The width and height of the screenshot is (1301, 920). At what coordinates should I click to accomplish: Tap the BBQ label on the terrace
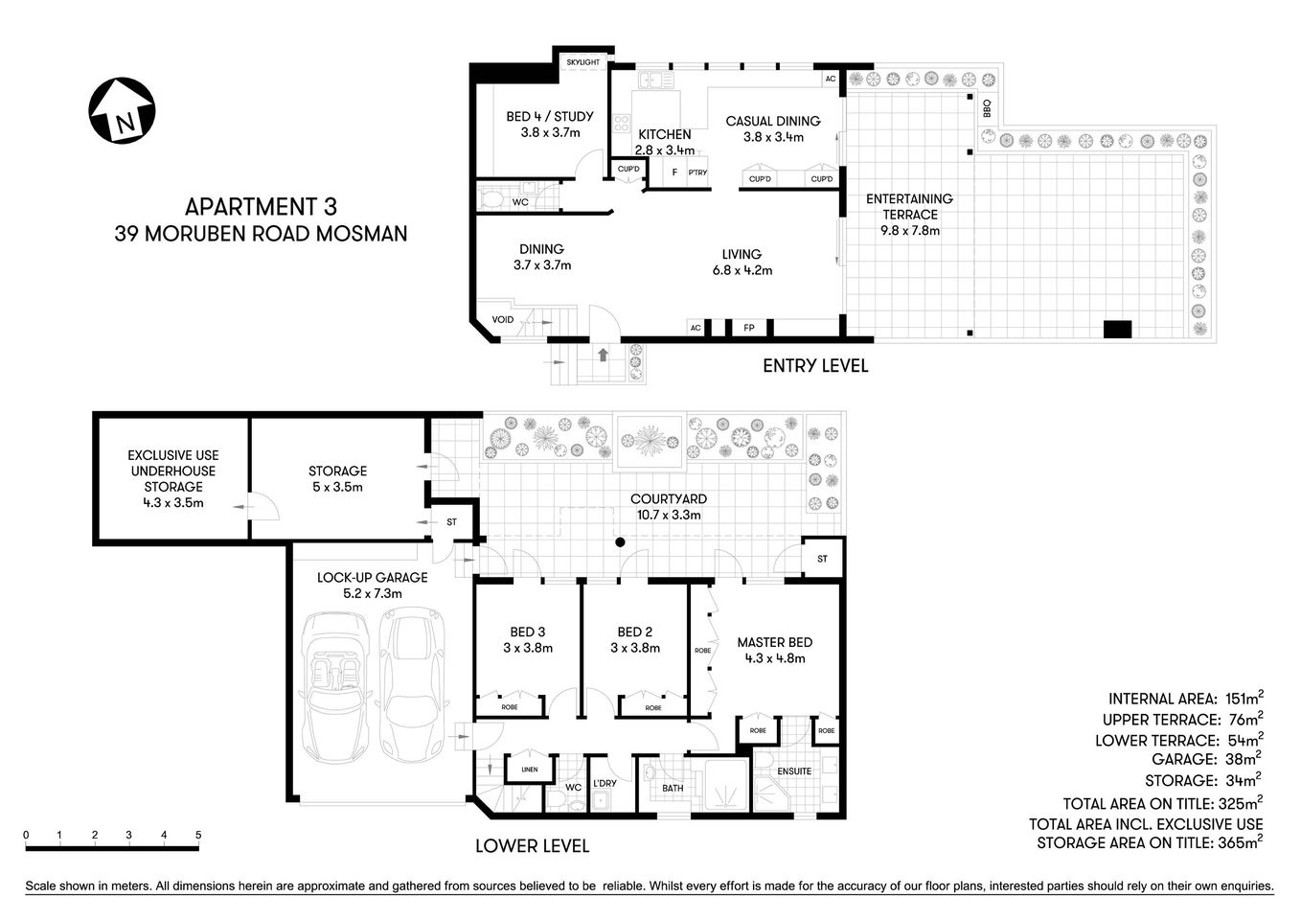[986, 108]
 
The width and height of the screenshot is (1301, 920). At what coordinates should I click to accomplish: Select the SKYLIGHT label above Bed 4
[582, 62]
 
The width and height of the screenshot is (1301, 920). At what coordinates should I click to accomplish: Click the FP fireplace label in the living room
[749, 328]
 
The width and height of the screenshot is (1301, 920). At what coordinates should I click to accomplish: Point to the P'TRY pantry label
[696, 172]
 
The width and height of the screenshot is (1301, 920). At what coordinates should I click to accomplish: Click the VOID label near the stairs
[502, 319]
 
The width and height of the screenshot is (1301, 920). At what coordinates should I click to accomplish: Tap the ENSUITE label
[794, 770]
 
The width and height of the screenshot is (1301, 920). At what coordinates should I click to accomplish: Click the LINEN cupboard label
[530, 770]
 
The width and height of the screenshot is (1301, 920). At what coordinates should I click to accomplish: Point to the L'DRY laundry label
[605, 783]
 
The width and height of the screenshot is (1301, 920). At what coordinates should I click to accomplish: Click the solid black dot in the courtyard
[620, 543]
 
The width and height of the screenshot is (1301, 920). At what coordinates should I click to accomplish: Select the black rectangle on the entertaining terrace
[1118, 329]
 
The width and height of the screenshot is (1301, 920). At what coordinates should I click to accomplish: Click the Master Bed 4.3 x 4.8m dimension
[774, 658]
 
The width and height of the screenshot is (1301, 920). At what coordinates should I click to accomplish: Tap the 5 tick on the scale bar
[198, 835]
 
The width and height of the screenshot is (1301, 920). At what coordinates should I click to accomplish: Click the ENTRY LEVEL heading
[815, 365]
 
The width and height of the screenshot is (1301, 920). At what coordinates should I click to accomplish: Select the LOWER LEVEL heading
[533, 846]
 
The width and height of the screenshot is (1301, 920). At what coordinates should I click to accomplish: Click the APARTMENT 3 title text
[261, 206]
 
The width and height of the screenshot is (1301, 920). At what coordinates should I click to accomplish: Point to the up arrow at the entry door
[603, 356]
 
